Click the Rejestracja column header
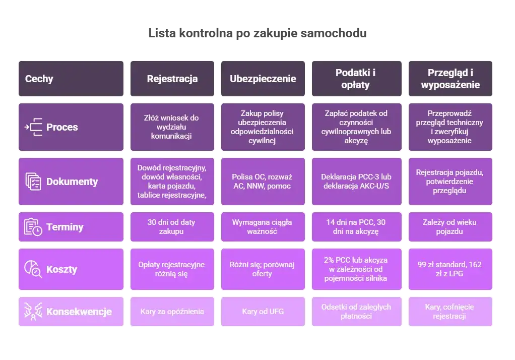point(172,79)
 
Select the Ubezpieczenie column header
point(263,79)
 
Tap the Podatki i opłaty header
point(356,79)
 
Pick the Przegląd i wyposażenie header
point(450,79)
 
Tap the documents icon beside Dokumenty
point(33,182)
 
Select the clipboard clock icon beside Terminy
point(33,227)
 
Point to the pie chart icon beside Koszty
point(33,269)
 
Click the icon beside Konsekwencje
point(33,312)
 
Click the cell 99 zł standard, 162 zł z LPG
point(450,269)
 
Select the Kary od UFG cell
point(263,312)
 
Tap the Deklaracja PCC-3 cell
point(356,182)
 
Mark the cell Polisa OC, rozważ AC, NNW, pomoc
point(263,182)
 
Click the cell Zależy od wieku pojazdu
point(450,227)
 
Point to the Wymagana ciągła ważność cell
point(263,227)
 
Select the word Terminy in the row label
point(65,227)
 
